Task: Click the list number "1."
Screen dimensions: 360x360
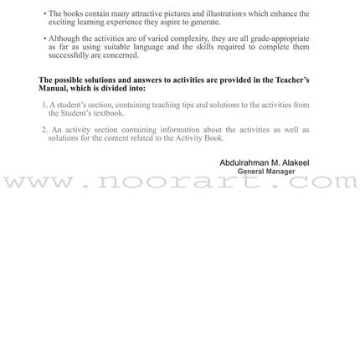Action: pyautogui.click(x=44, y=105)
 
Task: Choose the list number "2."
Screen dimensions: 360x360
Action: pyautogui.click(x=44, y=130)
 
